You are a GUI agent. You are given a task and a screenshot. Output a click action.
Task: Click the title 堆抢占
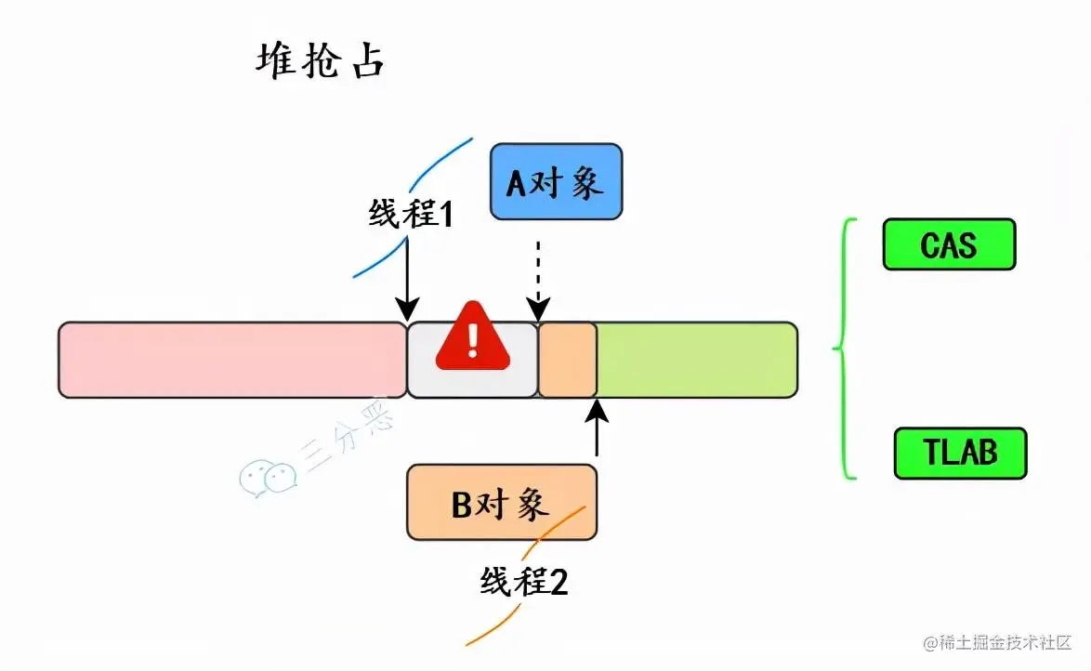coord(320,63)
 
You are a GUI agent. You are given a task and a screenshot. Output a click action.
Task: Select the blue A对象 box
coord(556,182)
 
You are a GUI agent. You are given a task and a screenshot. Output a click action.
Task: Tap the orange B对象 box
coord(501,503)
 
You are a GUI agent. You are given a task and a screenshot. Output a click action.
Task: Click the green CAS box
coord(949,244)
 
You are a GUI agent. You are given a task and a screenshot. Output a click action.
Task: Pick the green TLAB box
coord(960,453)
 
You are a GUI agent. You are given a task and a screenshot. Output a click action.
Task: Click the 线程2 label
coord(524,582)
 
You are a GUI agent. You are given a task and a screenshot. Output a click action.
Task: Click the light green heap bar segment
coord(696,360)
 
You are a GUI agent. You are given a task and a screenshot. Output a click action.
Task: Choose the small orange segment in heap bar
coord(567,360)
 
